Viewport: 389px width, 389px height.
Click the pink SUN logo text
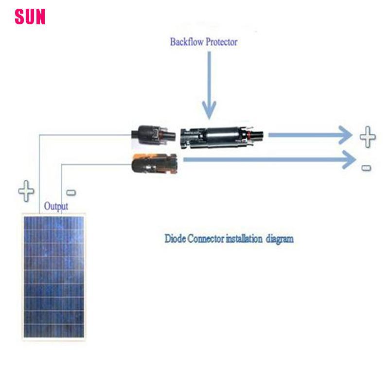pyautogui.click(x=30, y=17)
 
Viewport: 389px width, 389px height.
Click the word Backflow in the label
pyautogui.click(x=187, y=42)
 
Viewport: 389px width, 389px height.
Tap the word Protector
pyautogui.click(x=222, y=42)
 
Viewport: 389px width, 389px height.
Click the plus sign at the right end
pyautogui.click(x=368, y=137)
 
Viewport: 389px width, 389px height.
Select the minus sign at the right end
pyautogui.click(x=366, y=168)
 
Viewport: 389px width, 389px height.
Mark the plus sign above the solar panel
pyautogui.click(x=26, y=191)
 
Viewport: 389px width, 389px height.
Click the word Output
pyautogui.click(x=56, y=207)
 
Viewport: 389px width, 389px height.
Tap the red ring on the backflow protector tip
pyautogui.click(x=249, y=134)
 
